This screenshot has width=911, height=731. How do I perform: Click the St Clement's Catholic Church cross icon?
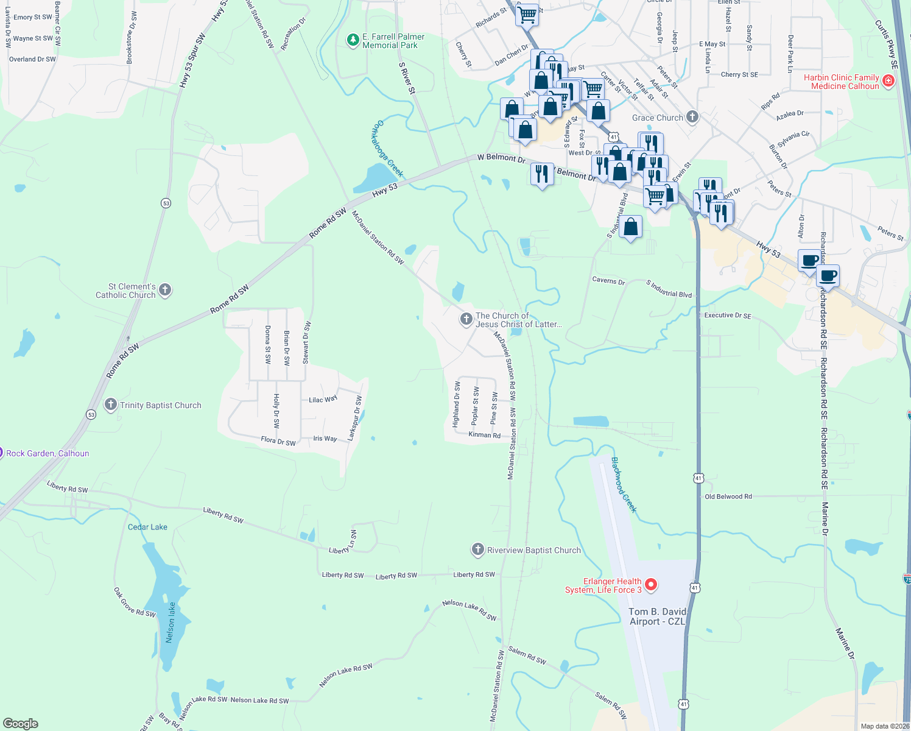point(165,291)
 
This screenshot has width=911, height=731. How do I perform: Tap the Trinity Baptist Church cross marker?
point(111,404)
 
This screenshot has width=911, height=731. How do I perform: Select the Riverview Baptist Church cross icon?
point(478,550)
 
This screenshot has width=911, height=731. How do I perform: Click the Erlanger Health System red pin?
point(651,585)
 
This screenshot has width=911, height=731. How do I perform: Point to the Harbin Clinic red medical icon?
point(888,81)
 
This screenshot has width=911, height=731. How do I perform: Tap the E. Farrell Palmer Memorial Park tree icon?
point(353,40)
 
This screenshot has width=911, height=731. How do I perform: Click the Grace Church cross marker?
point(692,117)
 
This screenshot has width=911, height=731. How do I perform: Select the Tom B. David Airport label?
point(657,616)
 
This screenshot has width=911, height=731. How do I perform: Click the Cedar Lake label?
point(147,527)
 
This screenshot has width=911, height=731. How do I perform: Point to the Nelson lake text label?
point(171,622)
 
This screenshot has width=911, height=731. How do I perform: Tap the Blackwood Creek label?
point(624,485)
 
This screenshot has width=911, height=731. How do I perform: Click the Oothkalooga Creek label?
point(388,149)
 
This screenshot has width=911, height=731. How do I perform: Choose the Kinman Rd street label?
point(484,435)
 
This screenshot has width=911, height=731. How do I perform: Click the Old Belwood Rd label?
point(728,496)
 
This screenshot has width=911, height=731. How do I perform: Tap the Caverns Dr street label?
point(608,281)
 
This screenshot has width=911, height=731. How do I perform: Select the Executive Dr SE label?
point(728,316)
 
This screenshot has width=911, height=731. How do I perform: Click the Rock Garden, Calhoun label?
point(47,453)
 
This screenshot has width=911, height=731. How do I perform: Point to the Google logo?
point(21,724)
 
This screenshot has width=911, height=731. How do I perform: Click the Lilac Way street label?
point(323,400)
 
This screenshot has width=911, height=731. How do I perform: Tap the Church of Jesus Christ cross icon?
point(466,319)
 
